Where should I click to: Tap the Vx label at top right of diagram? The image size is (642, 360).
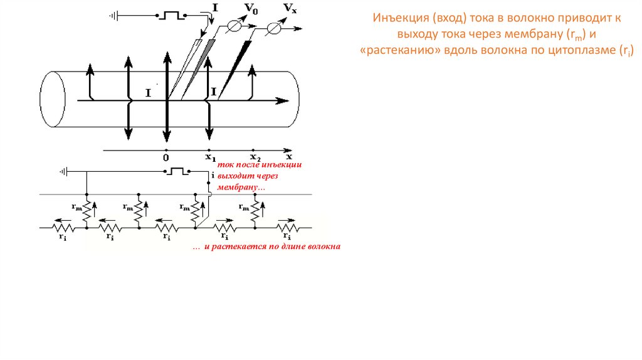(x=289, y=8)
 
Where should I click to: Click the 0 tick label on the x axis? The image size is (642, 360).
(x=166, y=159)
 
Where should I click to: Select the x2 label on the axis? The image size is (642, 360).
(x=255, y=157)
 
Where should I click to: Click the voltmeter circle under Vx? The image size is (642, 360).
(x=274, y=28)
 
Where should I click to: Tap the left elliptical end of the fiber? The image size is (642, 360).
(x=53, y=101)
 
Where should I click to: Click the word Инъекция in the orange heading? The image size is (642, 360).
(x=394, y=19)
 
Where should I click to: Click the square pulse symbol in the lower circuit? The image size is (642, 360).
(x=178, y=171)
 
